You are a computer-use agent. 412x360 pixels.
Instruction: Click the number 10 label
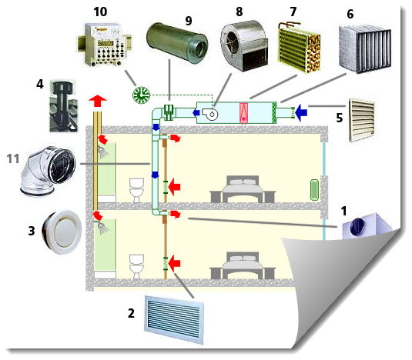click(x=100, y=12)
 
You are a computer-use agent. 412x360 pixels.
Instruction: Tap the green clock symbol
click(x=141, y=95)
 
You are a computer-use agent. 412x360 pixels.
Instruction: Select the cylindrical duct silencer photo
click(x=177, y=43)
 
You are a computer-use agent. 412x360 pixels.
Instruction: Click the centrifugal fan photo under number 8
click(x=244, y=45)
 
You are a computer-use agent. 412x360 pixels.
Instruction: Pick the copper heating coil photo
click(x=300, y=47)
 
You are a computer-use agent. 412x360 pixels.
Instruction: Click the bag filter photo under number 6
click(x=365, y=49)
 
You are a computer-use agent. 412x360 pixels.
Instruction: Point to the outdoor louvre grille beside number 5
click(x=361, y=120)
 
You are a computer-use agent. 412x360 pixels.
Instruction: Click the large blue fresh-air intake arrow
click(x=301, y=112)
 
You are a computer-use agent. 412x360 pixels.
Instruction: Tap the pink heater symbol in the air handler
click(x=243, y=113)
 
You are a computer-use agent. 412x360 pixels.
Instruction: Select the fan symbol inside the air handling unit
click(x=210, y=114)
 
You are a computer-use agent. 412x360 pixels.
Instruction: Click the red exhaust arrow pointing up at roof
click(x=98, y=101)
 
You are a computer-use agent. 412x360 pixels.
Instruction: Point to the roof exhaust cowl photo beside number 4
click(x=64, y=106)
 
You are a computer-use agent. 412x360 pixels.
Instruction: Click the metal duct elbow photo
click(x=48, y=171)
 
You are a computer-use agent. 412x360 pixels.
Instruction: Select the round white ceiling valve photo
click(x=62, y=232)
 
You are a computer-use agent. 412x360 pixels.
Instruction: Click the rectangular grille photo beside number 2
click(x=174, y=319)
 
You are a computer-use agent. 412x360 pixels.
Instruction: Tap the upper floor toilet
click(x=136, y=190)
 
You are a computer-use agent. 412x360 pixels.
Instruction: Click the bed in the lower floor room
click(x=243, y=265)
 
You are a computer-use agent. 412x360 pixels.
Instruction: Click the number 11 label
click(x=13, y=158)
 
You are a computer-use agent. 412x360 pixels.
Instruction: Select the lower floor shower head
click(x=103, y=227)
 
